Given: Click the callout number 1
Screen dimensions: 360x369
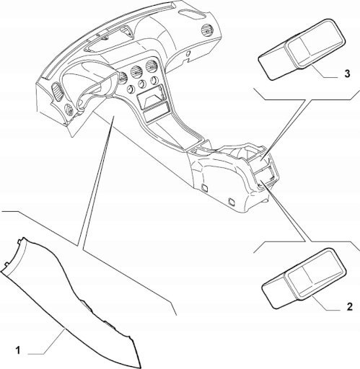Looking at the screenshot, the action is [x=18, y=351].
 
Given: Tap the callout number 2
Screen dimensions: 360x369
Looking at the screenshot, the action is [x=349, y=307].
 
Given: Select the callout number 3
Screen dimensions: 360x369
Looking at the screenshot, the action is [x=347, y=74].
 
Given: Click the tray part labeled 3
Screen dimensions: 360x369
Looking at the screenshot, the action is [x=302, y=50].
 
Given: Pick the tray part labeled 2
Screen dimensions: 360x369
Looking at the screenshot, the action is [x=304, y=278].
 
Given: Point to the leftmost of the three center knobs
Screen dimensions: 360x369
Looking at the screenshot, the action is [x=131, y=90].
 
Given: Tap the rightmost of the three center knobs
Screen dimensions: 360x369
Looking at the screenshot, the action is [x=154, y=80].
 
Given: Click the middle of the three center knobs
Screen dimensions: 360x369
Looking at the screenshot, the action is [x=142, y=85].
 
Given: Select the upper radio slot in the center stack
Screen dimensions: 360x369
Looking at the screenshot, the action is [x=152, y=96].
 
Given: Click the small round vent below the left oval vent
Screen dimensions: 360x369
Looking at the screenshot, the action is [x=69, y=109].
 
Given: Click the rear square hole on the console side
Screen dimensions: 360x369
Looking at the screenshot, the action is [x=232, y=201].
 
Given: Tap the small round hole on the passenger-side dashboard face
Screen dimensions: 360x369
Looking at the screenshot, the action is [x=188, y=53].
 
